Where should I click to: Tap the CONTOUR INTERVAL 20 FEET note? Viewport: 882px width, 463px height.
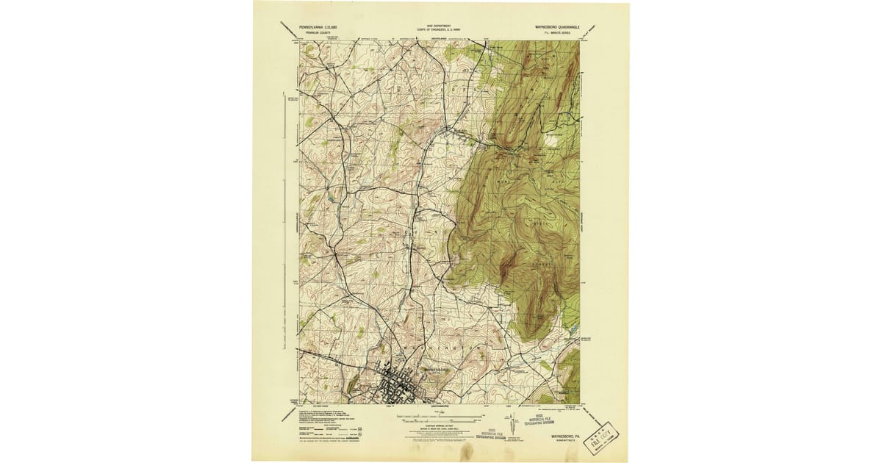pyautogui.click(x=439, y=426)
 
